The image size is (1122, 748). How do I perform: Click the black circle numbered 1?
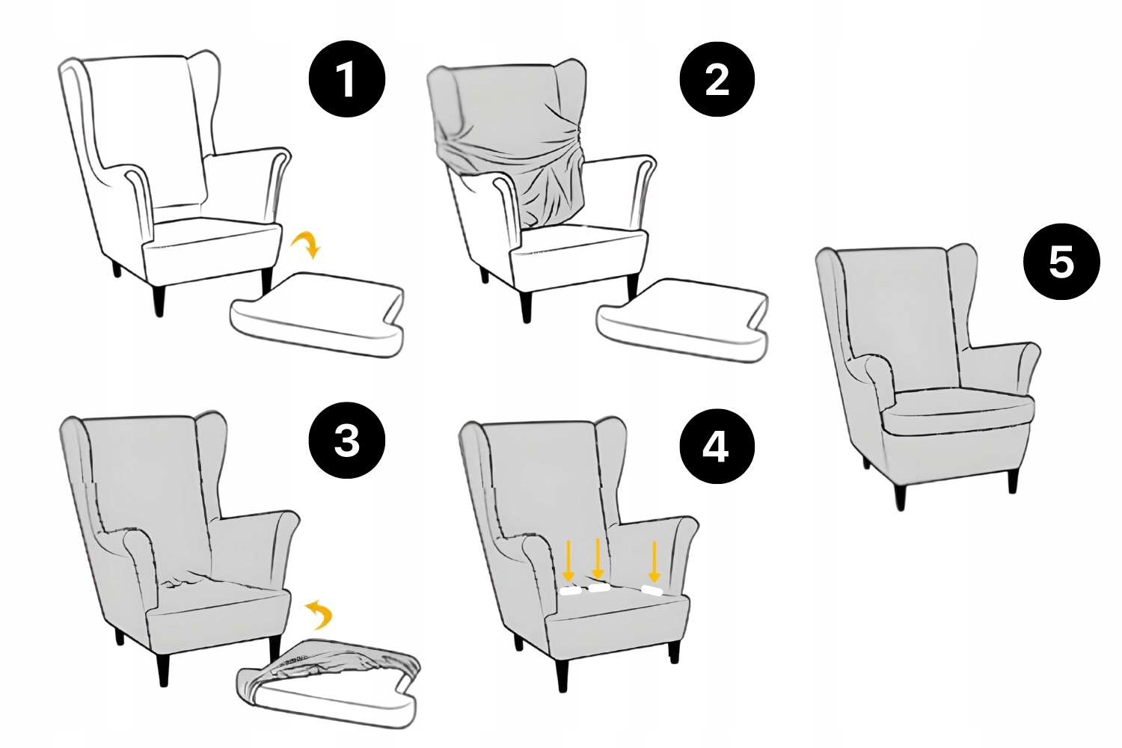tap(346, 79)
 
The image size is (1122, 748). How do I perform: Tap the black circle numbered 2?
tap(717, 80)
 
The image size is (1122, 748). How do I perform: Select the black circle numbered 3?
tap(346, 441)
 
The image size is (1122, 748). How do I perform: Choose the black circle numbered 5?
tap(1061, 262)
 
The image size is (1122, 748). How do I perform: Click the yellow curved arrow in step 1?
tap(307, 243)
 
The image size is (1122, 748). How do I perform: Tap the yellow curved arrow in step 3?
tap(319, 614)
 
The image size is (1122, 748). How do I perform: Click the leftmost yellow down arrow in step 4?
tap(568, 560)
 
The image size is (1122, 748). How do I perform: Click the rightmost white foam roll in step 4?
tap(652, 591)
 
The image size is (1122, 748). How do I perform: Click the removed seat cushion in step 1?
tap(318, 315)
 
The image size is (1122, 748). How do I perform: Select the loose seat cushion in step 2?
tap(683, 320)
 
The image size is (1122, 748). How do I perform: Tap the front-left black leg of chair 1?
tap(159, 301)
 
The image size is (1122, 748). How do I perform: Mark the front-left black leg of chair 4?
tap(562, 675)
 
